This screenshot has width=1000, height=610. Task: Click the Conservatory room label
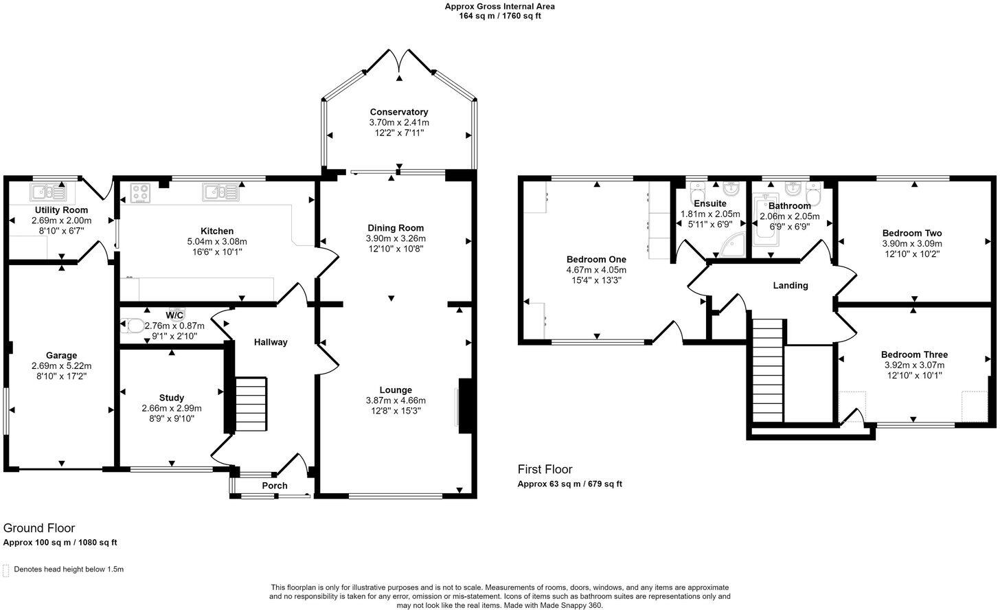pos(398,112)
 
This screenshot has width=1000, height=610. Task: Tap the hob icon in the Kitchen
pos(141,192)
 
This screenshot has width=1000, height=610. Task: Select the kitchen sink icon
pos(220,192)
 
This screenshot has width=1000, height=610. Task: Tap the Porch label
pos(275,486)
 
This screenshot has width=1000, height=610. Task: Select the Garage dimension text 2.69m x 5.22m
pos(61,366)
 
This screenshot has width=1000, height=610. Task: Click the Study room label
pos(171,398)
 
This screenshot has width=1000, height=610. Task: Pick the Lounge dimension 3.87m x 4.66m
pos(396,400)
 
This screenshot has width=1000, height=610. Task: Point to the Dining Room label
pos(396,228)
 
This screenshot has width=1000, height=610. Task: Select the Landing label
pos(791,285)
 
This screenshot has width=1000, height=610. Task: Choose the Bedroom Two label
pos(912,233)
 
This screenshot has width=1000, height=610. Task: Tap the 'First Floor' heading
pos(545,470)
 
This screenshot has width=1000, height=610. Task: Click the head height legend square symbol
pos(6,569)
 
